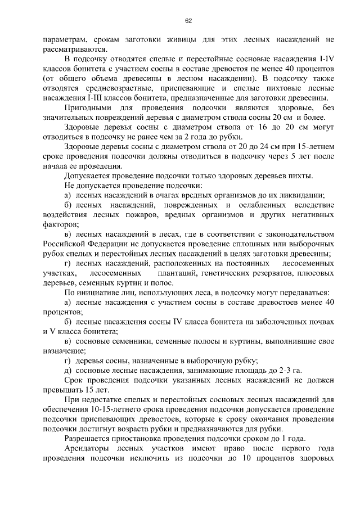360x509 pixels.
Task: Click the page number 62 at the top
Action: pyautogui.click(x=189, y=21)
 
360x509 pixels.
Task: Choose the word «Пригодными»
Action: pyautogui.click(x=88, y=107)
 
